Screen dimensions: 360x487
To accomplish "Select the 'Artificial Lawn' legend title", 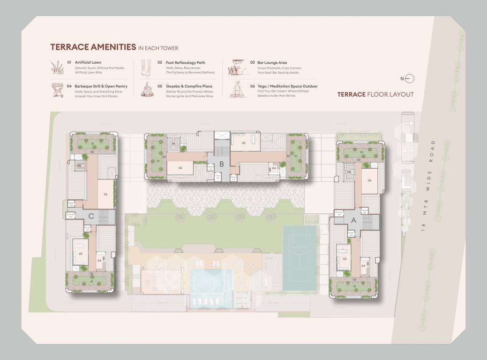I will coord(88,62).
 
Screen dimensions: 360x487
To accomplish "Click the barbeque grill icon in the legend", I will coord(57,90).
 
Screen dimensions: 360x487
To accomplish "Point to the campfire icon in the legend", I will coord(147,90).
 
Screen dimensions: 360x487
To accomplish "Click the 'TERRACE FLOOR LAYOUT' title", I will coord(375,94).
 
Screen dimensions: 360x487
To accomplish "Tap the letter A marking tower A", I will coord(353,220).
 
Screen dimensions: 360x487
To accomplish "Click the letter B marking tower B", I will coord(222,165).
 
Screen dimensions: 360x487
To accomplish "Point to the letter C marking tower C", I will coord(91,216).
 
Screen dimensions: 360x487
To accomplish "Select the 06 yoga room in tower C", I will coord(106,194).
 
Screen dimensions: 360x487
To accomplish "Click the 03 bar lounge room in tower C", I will coord(81,254).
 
